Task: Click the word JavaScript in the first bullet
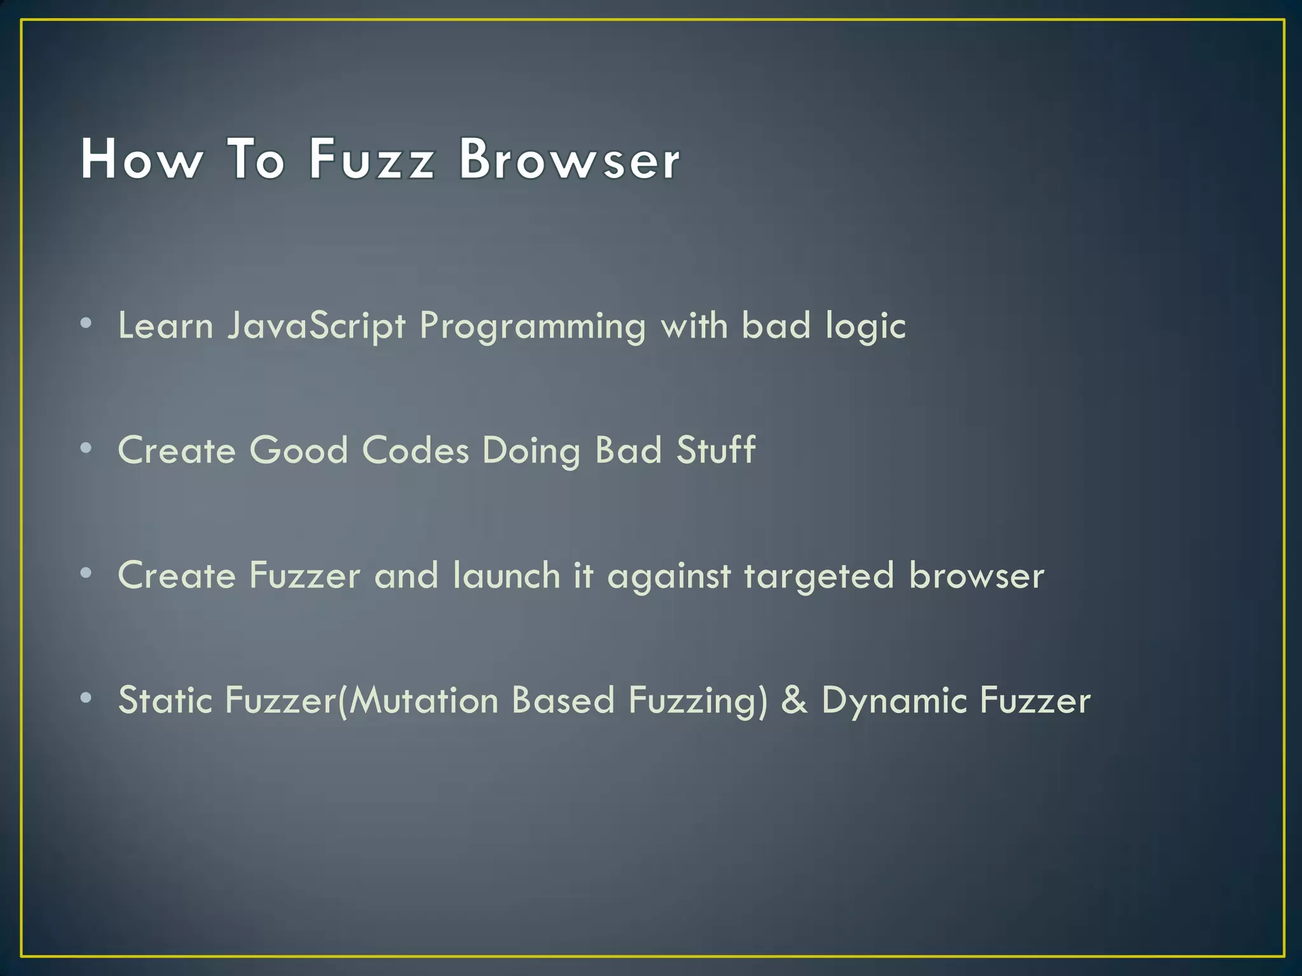pyautogui.click(x=316, y=327)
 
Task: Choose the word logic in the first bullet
pyautogui.click(x=865, y=327)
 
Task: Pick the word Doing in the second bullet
pyautogui.click(x=531, y=451)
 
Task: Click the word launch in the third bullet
pyautogui.click(x=506, y=575)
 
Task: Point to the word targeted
pyautogui.click(x=819, y=576)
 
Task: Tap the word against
pyautogui.click(x=669, y=576)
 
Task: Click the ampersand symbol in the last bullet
pyautogui.click(x=794, y=700)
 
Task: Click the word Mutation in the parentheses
pyautogui.click(x=423, y=700)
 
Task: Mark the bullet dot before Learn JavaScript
pyautogui.click(x=86, y=323)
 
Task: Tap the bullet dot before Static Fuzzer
pyautogui.click(x=86, y=698)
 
